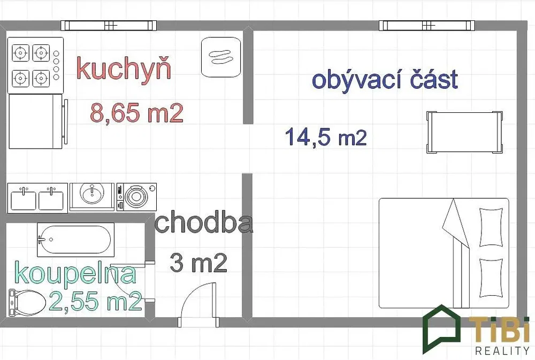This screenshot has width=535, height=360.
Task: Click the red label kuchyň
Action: pos(124,69)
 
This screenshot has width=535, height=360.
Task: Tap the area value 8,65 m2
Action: pos(137,113)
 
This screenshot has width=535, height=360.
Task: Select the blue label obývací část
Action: pos(385,79)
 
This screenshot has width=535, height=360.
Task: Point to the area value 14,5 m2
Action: pos(326,136)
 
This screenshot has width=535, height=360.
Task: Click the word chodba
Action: pos(204,223)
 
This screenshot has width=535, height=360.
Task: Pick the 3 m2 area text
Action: pos(198,263)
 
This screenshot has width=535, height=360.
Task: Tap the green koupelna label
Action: pos(75,274)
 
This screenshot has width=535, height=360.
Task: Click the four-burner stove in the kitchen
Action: pos(35,65)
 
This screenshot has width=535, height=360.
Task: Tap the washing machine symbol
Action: pos(136,197)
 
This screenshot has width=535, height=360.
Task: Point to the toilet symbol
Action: pos(27,303)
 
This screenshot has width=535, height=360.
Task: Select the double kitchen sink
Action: pos(37,198)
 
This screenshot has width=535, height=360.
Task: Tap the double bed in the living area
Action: pos(444,253)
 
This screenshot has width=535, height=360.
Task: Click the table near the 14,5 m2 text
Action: pos(464,132)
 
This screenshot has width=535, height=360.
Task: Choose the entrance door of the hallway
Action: pos(198,305)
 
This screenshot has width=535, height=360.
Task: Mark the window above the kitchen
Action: pos(109,26)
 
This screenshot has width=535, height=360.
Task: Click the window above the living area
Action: pos(426,26)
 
